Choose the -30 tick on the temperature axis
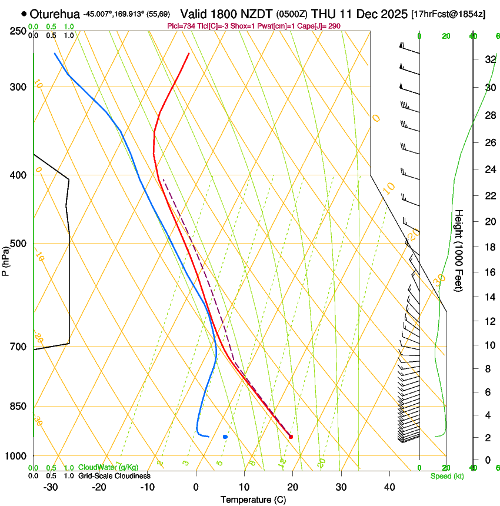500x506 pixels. [51, 487]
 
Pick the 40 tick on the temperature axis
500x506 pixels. [389, 487]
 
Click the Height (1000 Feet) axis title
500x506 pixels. [459, 250]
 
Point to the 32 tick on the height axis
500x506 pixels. [489, 59]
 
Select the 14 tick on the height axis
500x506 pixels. [489, 297]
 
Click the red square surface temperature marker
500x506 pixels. [291, 437]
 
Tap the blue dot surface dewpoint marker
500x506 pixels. [225, 437]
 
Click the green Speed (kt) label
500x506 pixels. [446, 476]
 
